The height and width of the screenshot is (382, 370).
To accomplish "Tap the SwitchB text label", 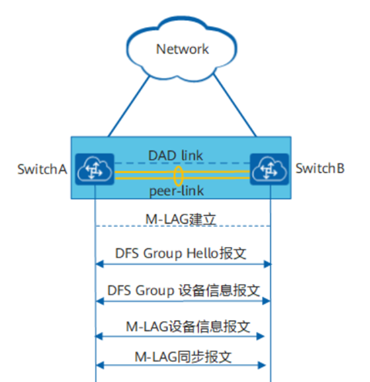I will pyautogui.click(x=318, y=169).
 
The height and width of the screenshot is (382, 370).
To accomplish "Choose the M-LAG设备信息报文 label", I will pyautogui.click(x=182, y=326).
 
